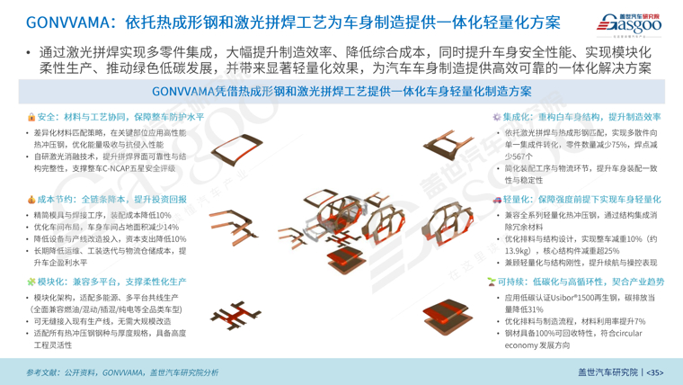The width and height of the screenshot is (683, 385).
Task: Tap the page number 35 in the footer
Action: tap(655, 372)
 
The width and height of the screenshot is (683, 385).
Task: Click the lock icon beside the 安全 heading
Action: tap(31, 118)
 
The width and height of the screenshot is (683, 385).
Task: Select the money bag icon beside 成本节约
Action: tap(31, 200)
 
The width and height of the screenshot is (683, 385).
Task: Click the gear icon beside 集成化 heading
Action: tap(497, 118)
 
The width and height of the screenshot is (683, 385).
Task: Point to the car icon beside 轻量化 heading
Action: tap(497, 200)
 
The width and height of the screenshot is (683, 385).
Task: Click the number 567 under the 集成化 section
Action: tap(525, 156)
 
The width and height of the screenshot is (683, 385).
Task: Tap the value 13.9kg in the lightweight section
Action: tap(524, 251)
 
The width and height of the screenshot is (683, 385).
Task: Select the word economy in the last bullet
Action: tap(524, 345)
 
